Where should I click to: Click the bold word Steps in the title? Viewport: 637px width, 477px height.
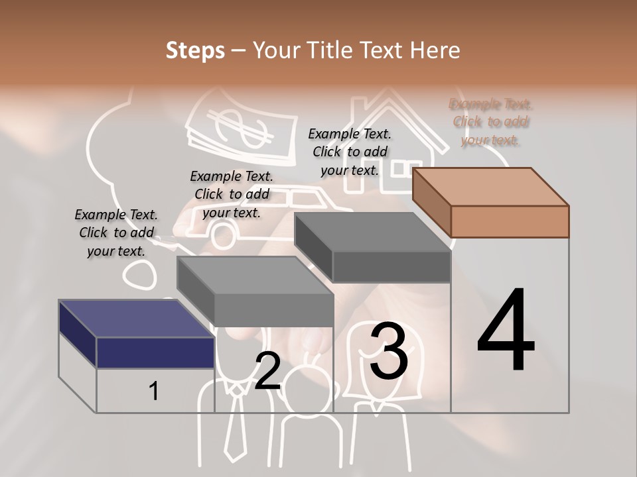[195, 50]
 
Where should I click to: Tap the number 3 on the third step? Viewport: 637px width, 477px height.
[388, 352]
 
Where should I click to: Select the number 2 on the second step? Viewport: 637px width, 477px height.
[267, 371]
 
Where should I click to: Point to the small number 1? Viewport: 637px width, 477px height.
[154, 392]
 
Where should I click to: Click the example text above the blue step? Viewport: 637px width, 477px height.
[116, 233]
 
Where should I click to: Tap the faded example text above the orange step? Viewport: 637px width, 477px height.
[491, 122]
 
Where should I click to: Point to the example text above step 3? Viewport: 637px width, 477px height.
[350, 152]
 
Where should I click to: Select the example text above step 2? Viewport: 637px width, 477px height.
[232, 194]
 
